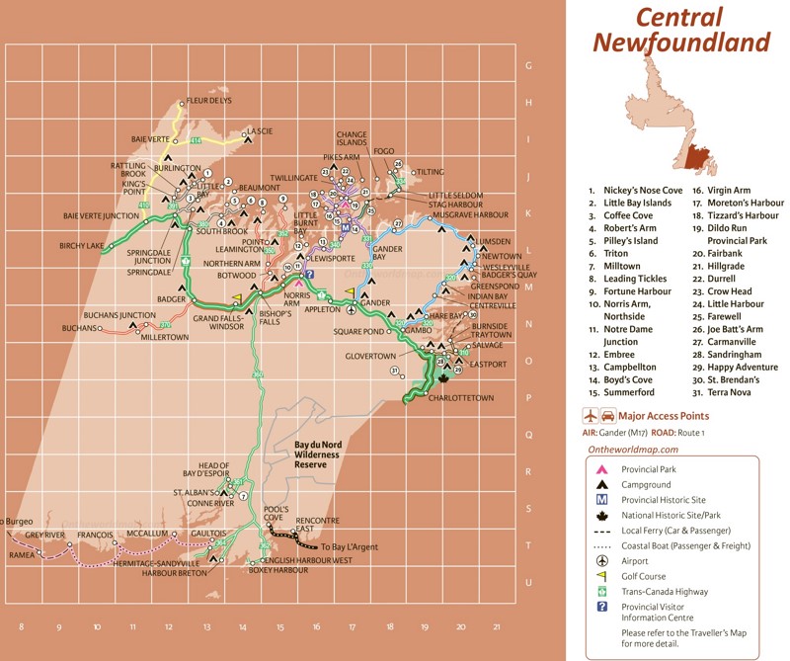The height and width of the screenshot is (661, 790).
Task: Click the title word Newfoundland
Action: tap(680, 41)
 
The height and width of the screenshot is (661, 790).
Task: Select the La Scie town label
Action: tap(260, 130)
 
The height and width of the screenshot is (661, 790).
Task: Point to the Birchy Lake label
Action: tap(81, 245)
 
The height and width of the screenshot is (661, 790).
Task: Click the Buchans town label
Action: tap(79, 327)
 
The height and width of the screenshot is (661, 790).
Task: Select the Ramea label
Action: tap(22, 555)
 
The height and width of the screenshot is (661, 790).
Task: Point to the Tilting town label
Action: tap(431, 172)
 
